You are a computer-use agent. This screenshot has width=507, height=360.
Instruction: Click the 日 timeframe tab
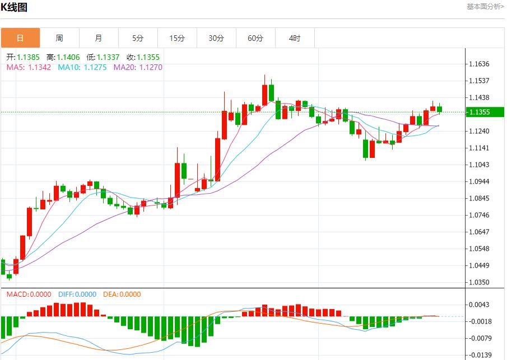(x=20, y=38)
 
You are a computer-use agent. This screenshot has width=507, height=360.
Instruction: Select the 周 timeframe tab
(x=59, y=38)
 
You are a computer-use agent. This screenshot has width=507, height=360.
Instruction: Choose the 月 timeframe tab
(x=99, y=38)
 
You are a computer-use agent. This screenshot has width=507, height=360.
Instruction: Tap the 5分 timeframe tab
(x=138, y=38)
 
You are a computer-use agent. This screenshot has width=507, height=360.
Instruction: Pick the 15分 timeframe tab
(x=177, y=38)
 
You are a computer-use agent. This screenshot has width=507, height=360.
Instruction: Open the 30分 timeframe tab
(x=216, y=38)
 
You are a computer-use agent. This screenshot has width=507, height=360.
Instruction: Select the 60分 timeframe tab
(x=255, y=38)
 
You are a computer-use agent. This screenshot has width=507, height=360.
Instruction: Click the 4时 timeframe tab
(x=295, y=38)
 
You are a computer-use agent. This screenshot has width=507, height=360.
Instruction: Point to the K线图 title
(x=14, y=7)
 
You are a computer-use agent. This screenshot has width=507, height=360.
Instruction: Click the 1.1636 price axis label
(x=479, y=64)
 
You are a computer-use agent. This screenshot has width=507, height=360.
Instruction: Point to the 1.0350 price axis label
(x=479, y=282)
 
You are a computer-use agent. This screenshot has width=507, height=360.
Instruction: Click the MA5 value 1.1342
(x=39, y=67)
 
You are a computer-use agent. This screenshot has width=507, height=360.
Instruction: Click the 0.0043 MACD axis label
(x=479, y=305)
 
